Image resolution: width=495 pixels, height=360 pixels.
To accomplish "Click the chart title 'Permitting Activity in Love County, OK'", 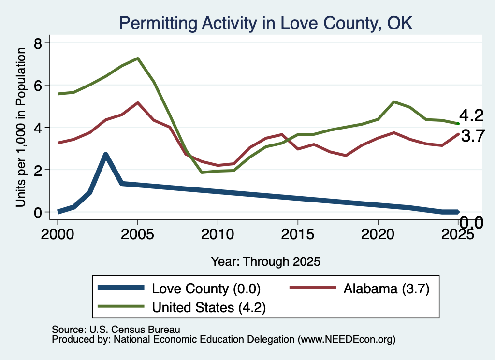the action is click(266, 23).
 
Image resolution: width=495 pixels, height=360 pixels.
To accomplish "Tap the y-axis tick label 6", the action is click(38, 85).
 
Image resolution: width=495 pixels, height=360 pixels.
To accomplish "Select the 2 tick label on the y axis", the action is click(38, 170).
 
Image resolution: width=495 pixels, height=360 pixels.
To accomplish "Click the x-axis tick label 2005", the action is click(137, 234).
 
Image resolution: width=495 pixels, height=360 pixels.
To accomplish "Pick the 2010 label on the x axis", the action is click(218, 234).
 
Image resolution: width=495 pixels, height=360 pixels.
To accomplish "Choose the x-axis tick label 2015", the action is click(298, 234).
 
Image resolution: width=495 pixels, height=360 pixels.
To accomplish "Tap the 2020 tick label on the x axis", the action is click(378, 234).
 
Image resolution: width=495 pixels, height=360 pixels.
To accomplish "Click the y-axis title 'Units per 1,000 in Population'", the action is click(21, 127).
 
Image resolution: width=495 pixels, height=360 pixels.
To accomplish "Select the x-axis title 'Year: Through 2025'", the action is click(265, 261).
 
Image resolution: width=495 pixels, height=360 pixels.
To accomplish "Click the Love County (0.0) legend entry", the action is click(179, 288).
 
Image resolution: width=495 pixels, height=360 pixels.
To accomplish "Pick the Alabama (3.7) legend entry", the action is click(360, 288).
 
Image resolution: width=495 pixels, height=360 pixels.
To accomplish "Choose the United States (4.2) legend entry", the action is click(182, 307).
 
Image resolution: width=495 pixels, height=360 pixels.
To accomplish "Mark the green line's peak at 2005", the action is click(138, 58).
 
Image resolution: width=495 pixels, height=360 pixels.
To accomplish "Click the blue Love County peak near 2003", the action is click(106, 155).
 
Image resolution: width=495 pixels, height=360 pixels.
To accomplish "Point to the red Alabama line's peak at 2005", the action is click(138, 102).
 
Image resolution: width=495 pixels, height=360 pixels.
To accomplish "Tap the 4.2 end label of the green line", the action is click(471, 115).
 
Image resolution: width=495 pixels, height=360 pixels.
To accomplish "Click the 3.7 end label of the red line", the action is click(473, 136).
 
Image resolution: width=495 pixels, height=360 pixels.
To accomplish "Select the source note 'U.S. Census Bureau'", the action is click(135, 330).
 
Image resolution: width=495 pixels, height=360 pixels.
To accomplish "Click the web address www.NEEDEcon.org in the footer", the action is click(346, 339).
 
